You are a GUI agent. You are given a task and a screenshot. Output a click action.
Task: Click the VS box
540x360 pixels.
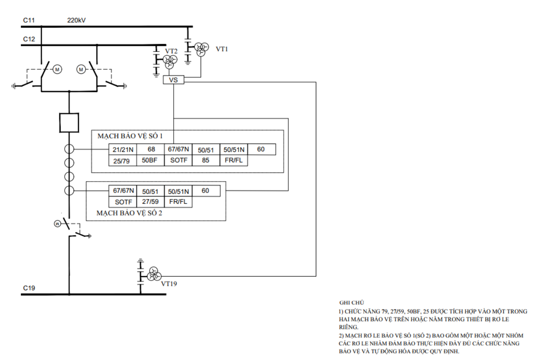pos(173,80)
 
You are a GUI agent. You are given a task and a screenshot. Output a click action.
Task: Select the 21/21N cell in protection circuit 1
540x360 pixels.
pos(123,150)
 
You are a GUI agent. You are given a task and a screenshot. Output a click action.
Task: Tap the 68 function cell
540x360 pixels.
pos(150,150)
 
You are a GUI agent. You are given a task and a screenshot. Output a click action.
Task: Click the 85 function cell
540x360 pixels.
pos(206,160)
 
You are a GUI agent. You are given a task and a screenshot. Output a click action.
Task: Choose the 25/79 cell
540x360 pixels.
pos(123,160)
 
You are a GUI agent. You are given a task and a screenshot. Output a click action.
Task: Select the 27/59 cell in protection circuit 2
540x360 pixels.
pos(150,202)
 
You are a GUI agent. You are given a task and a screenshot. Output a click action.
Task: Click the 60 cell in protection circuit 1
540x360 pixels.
pos(262,150)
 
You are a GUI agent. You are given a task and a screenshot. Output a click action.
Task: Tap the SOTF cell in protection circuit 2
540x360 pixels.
pos(123,202)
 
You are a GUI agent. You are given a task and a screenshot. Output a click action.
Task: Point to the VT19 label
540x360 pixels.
pos(169,284)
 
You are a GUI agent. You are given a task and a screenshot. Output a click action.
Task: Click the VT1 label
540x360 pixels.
pos(222,49)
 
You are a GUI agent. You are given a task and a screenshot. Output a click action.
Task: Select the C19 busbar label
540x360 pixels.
pos(29,288)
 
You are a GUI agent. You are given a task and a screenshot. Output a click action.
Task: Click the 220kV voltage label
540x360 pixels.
pos(76,21)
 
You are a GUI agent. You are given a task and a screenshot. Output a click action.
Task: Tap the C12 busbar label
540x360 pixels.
pos(29,39)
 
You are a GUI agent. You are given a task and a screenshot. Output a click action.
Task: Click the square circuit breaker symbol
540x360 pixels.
pos(69,123)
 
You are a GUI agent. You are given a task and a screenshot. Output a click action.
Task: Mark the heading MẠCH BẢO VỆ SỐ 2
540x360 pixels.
pos(130,213)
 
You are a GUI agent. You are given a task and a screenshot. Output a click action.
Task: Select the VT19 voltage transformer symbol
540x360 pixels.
pos(154,274)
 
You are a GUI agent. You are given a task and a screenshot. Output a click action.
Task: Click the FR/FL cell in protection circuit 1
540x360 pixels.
pos(234,160)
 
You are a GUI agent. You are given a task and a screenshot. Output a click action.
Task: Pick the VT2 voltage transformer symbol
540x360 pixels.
pos(170,62)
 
